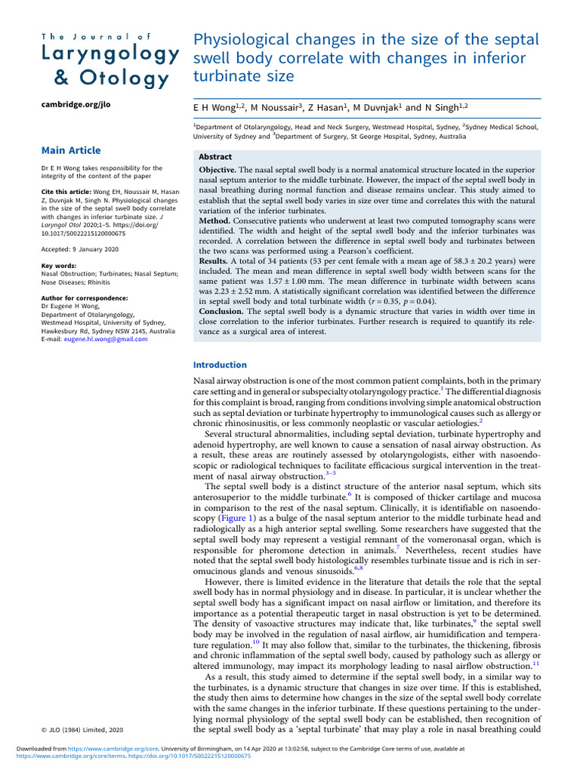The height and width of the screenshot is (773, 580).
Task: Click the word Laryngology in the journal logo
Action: tap(110, 55)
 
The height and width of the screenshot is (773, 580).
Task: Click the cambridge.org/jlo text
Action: tap(75, 104)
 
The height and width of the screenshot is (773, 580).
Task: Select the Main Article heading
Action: tap(70, 150)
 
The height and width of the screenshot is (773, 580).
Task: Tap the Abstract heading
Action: tap(216, 157)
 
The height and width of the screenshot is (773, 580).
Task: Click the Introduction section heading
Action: tap(220, 365)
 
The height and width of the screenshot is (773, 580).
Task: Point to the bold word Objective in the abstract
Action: tap(217, 171)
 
